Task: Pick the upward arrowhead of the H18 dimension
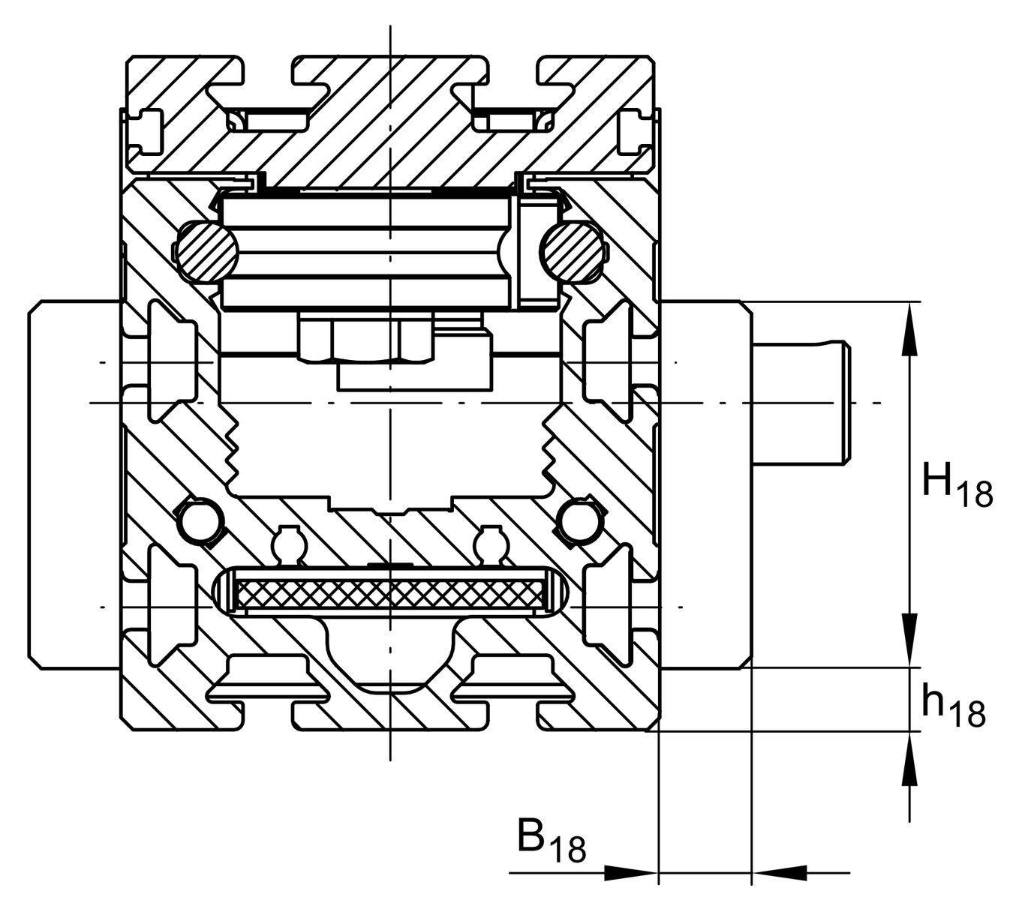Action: coord(909,327)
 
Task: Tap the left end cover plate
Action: coord(74,484)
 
